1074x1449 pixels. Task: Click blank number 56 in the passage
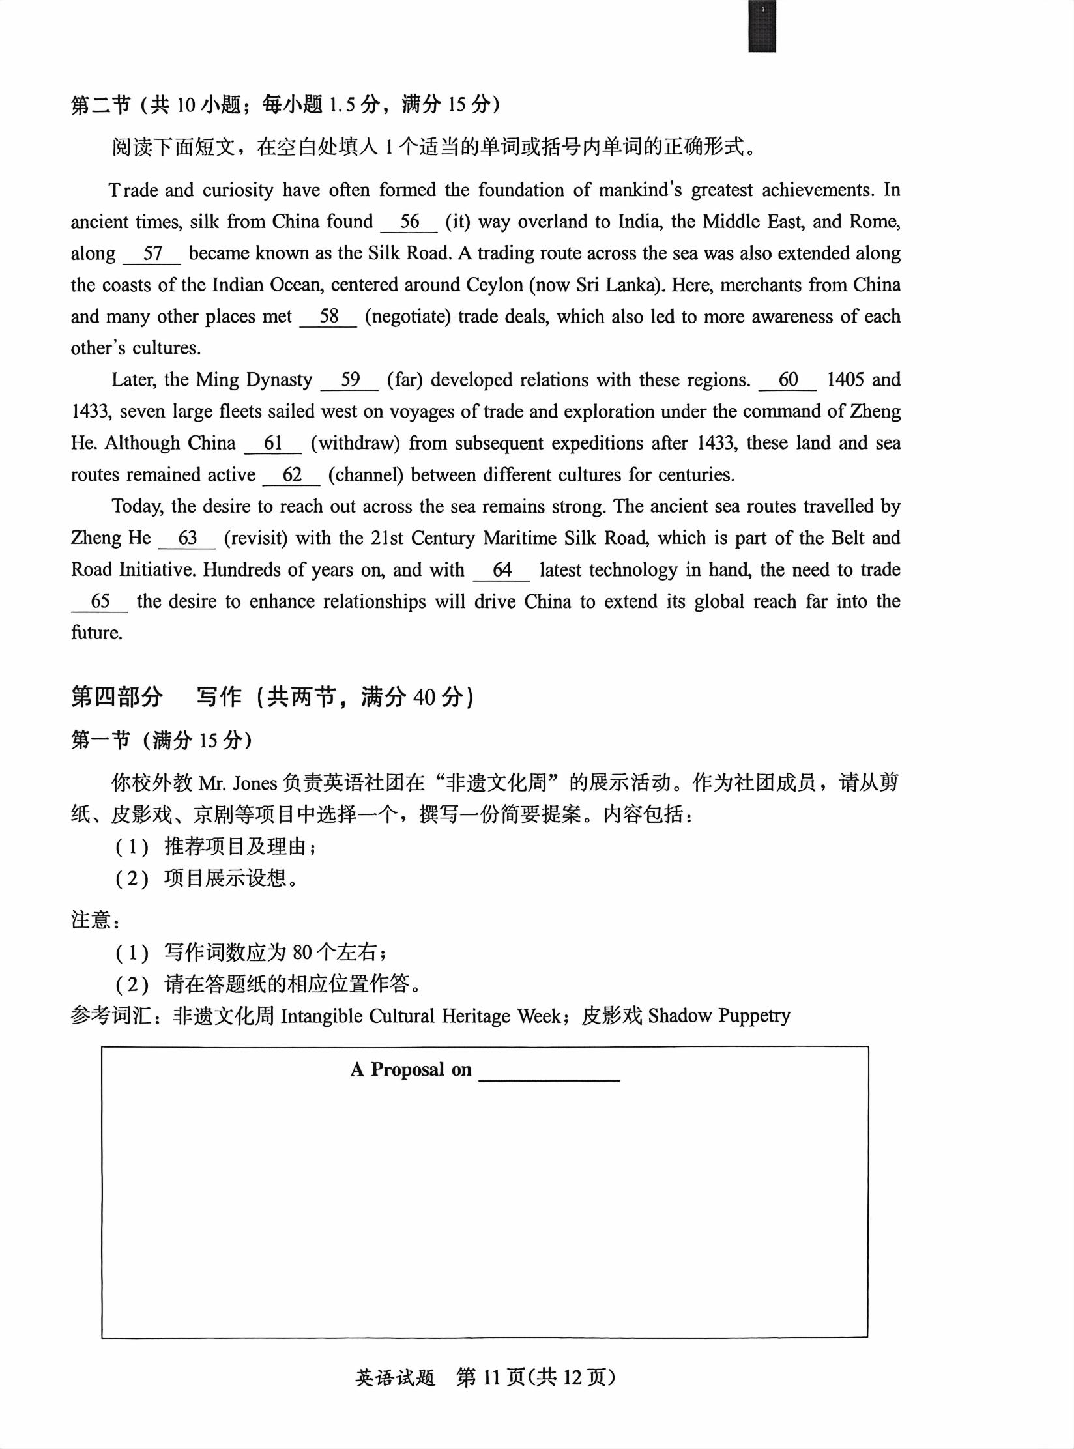point(409,222)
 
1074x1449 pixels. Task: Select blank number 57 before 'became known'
point(152,254)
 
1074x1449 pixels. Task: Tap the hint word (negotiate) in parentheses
point(408,317)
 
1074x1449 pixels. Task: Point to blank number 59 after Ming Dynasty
point(350,380)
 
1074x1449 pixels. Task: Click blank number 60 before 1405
point(788,380)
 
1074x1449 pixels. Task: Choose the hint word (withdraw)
point(355,444)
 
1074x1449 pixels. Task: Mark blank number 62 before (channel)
point(292,475)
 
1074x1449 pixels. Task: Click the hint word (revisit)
point(255,539)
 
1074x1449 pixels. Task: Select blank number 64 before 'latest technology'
point(502,571)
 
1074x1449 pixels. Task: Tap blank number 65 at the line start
point(100,602)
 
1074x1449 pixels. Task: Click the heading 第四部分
point(117,697)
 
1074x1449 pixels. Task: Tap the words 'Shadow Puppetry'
point(719,1016)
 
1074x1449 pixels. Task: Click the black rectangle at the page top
point(762,26)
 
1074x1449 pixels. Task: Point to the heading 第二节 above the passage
point(101,104)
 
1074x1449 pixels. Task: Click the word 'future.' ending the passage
point(97,633)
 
